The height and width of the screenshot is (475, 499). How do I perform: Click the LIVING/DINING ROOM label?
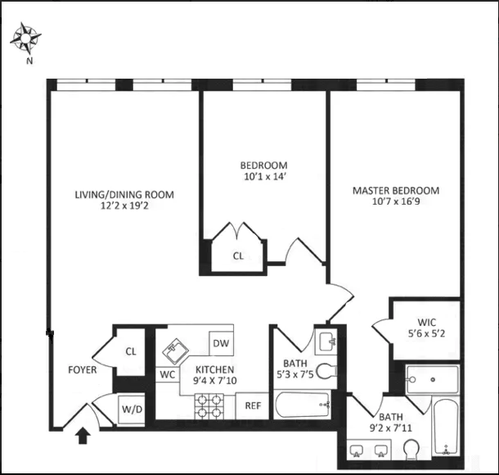coord(124,194)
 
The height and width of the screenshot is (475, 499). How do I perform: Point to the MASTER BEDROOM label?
coord(395,191)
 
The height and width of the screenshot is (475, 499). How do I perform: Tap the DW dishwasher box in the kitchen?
coord(221,343)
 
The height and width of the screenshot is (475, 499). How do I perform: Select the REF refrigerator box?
coord(253,405)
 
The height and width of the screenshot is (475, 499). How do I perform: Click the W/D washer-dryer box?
coord(132,409)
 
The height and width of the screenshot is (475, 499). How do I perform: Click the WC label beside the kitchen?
coord(168,374)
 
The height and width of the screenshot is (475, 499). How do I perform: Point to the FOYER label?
coord(83,370)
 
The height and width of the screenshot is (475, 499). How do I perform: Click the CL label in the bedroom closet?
coord(238,256)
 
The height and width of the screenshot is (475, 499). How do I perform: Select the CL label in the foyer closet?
coord(130,351)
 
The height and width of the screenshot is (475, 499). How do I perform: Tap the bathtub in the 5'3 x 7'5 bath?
coord(303,405)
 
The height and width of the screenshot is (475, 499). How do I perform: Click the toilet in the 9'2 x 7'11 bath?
coord(411,450)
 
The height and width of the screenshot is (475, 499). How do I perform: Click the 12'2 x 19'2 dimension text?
coord(124,206)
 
